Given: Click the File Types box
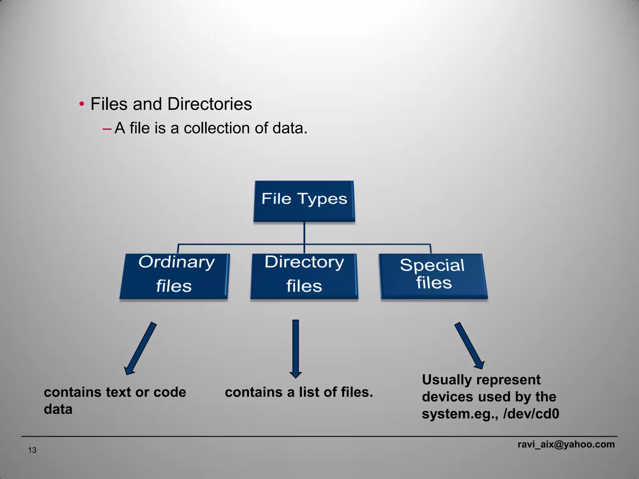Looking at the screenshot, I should [304, 201].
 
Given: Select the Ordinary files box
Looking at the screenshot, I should [174, 276].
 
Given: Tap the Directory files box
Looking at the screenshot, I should [304, 276].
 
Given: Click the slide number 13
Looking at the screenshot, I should [32, 450].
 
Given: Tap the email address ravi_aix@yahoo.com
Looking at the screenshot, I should [566, 444].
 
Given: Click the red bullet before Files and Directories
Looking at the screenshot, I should [82, 104].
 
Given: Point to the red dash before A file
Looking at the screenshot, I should [107, 128].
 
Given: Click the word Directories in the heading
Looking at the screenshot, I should [209, 104].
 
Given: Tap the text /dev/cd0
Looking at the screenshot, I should [531, 414].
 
